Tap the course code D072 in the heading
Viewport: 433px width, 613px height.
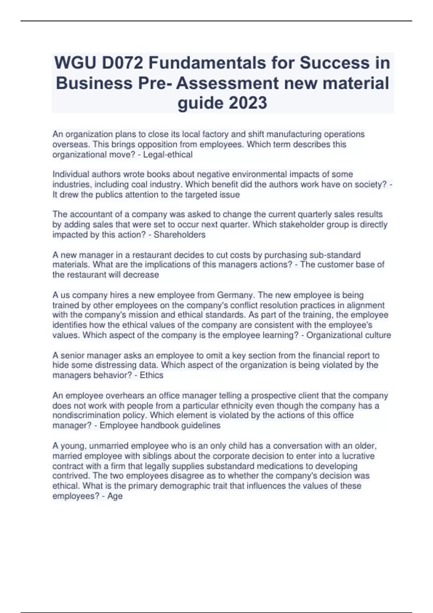click(x=123, y=63)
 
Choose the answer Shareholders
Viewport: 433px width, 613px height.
click(x=180, y=235)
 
